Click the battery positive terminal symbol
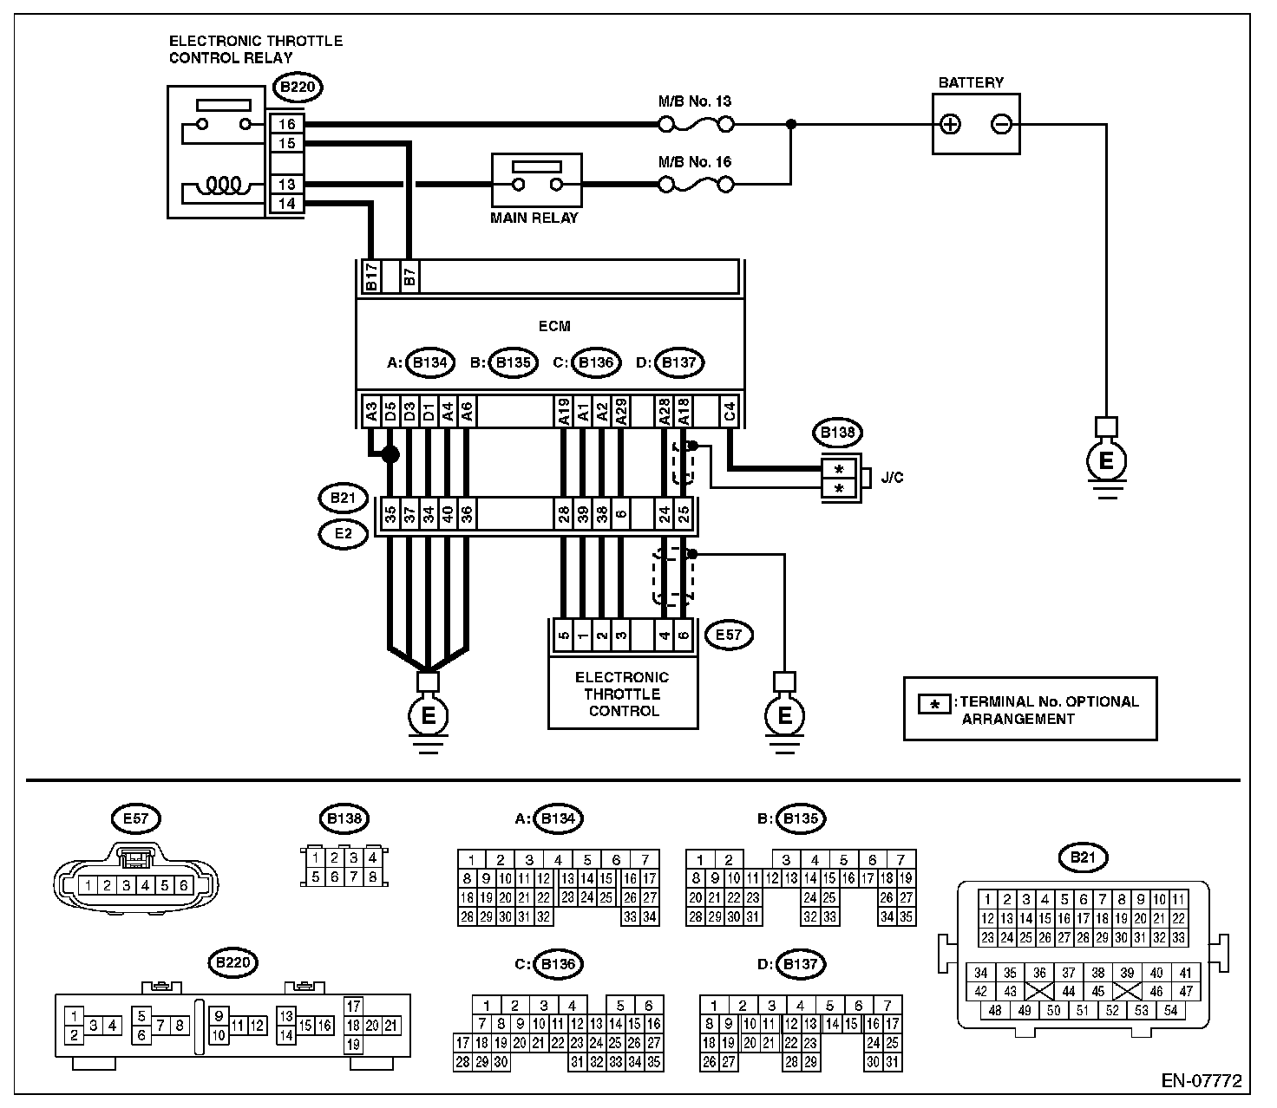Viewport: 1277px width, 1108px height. [950, 124]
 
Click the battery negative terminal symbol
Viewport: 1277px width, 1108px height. [1001, 124]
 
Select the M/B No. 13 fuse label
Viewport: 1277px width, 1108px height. [694, 101]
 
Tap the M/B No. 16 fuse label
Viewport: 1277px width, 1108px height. [694, 162]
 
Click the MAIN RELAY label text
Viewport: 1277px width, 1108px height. [534, 218]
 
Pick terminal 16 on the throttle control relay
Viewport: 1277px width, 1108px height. [286, 124]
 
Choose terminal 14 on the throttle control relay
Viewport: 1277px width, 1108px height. [286, 203]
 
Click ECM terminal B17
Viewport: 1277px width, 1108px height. [371, 277]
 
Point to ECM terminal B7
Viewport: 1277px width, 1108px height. [409, 277]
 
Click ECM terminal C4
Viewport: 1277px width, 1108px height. [729, 412]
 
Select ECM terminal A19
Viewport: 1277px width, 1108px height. [564, 412]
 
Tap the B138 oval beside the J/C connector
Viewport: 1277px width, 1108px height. [838, 432]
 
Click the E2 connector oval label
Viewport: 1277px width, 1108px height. [344, 534]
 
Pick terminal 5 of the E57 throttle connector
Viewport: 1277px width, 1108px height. [564, 635]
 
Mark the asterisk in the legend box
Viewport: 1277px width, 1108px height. [934, 704]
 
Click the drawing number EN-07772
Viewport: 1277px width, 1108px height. [1202, 1080]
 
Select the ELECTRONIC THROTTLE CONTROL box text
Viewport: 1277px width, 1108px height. [622, 694]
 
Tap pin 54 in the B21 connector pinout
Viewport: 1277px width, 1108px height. [1170, 1010]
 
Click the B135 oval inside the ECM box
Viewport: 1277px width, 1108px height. [513, 362]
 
